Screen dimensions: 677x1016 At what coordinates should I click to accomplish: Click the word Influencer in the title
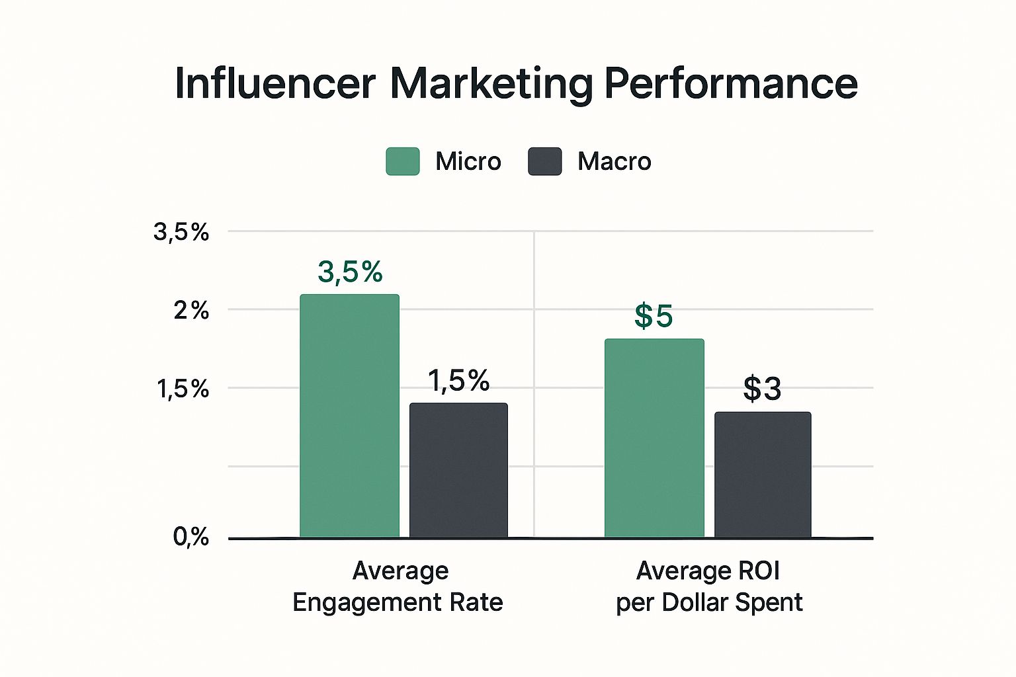pyautogui.click(x=275, y=84)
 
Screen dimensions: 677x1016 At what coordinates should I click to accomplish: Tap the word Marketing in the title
pyautogui.click(x=491, y=84)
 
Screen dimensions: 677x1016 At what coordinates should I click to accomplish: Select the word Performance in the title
pyautogui.click(x=731, y=84)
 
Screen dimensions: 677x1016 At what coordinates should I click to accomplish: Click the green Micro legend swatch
pyautogui.click(x=402, y=161)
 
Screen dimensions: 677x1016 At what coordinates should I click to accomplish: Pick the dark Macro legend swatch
pyautogui.click(x=544, y=161)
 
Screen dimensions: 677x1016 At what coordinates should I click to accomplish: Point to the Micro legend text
pyautogui.click(x=468, y=161)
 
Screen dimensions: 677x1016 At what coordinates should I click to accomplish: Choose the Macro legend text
pyautogui.click(x=614, y=161)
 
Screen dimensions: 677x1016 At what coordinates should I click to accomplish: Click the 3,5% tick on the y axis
pyautogui.click(x=181, y=232)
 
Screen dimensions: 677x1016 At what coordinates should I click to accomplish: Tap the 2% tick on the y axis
pyautogui.click(x=191, y=310)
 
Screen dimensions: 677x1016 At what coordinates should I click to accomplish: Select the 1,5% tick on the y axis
pyautogui.click(x=183, y=389)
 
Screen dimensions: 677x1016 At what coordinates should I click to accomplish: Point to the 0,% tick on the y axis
pyautogui.click(x=190, y=537)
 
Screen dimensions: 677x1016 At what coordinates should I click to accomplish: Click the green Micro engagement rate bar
pyautogui.click(x=349, y=417)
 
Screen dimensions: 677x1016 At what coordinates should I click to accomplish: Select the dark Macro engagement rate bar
pyautogui.click(x=458, y=471)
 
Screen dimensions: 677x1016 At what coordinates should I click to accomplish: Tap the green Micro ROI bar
pyautogui.click(x=654, y=438)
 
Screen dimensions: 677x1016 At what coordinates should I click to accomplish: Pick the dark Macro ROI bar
pyautogui.click(x=763, y=475)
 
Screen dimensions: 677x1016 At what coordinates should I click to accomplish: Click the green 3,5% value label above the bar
pyautogui.click(x=350, y=272)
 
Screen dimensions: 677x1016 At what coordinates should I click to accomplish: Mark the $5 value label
pyautogui.click(x=654, y=316)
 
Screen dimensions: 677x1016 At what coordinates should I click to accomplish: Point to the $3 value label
pyautogui.click(x=762, y=389)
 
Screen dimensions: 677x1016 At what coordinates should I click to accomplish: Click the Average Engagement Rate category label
pyautogui.click(x=398, y=586)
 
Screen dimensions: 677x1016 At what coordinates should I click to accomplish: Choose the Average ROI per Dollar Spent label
pyautogui.click(x=709, y=586)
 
